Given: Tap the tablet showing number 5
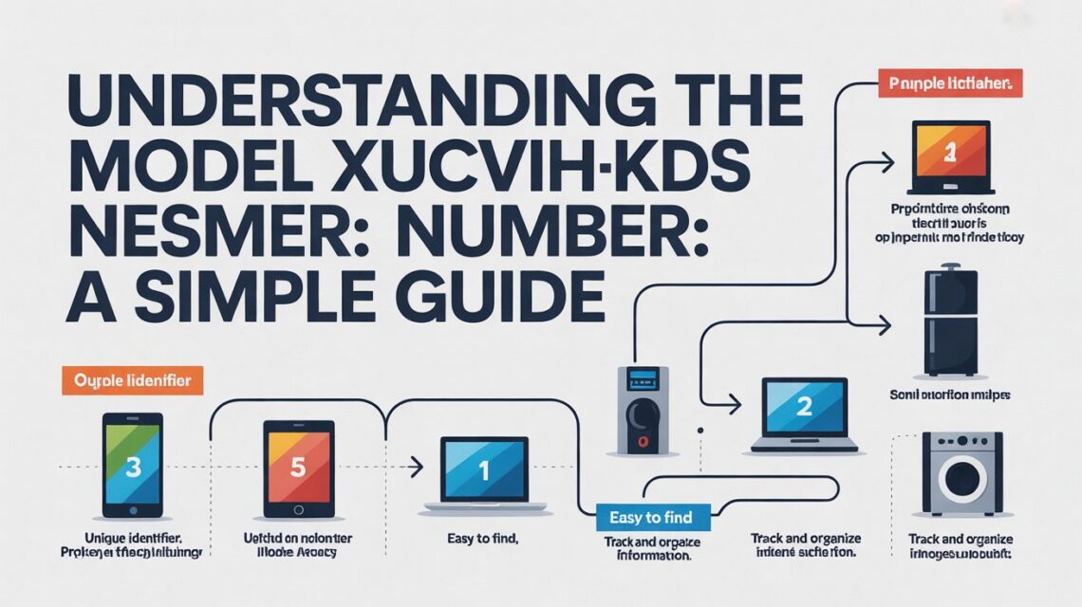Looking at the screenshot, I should pos(297,467).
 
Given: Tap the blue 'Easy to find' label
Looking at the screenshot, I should pos(644,518).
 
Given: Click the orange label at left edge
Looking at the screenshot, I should pos(133,381).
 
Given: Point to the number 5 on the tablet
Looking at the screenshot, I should pos(297,466).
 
